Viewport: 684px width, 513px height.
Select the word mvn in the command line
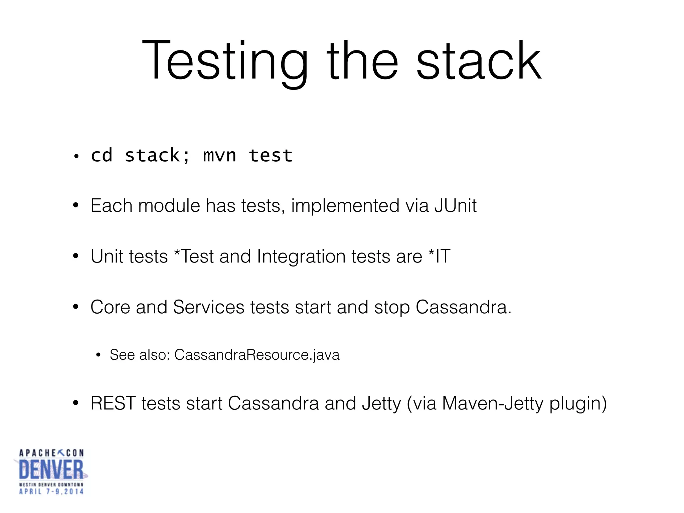[219, 156]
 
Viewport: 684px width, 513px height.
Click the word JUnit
[456, 205]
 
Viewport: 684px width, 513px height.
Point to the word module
[169, 205]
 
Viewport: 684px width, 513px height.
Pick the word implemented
[345, 205]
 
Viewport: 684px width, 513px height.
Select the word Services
[209, 307]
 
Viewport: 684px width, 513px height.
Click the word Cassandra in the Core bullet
[463, 307]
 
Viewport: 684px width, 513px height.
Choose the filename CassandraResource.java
[257, 355]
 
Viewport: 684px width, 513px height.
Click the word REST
[113, 403]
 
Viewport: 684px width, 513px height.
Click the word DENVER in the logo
[51, 470]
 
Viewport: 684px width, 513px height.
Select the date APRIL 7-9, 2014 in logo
[51, 492]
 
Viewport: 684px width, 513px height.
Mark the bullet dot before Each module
[76, 205]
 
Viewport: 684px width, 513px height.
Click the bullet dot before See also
[98, 355]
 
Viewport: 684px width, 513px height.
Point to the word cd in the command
[102, 156]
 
